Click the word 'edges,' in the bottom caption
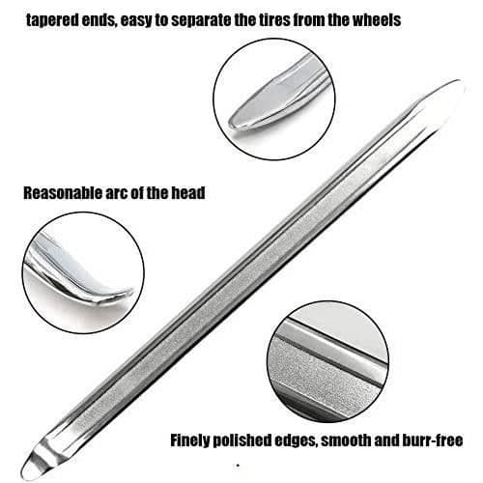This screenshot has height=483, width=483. coord(297,441)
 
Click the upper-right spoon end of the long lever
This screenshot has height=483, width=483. coord(446,94)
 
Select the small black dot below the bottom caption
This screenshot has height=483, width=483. coord(238,466)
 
